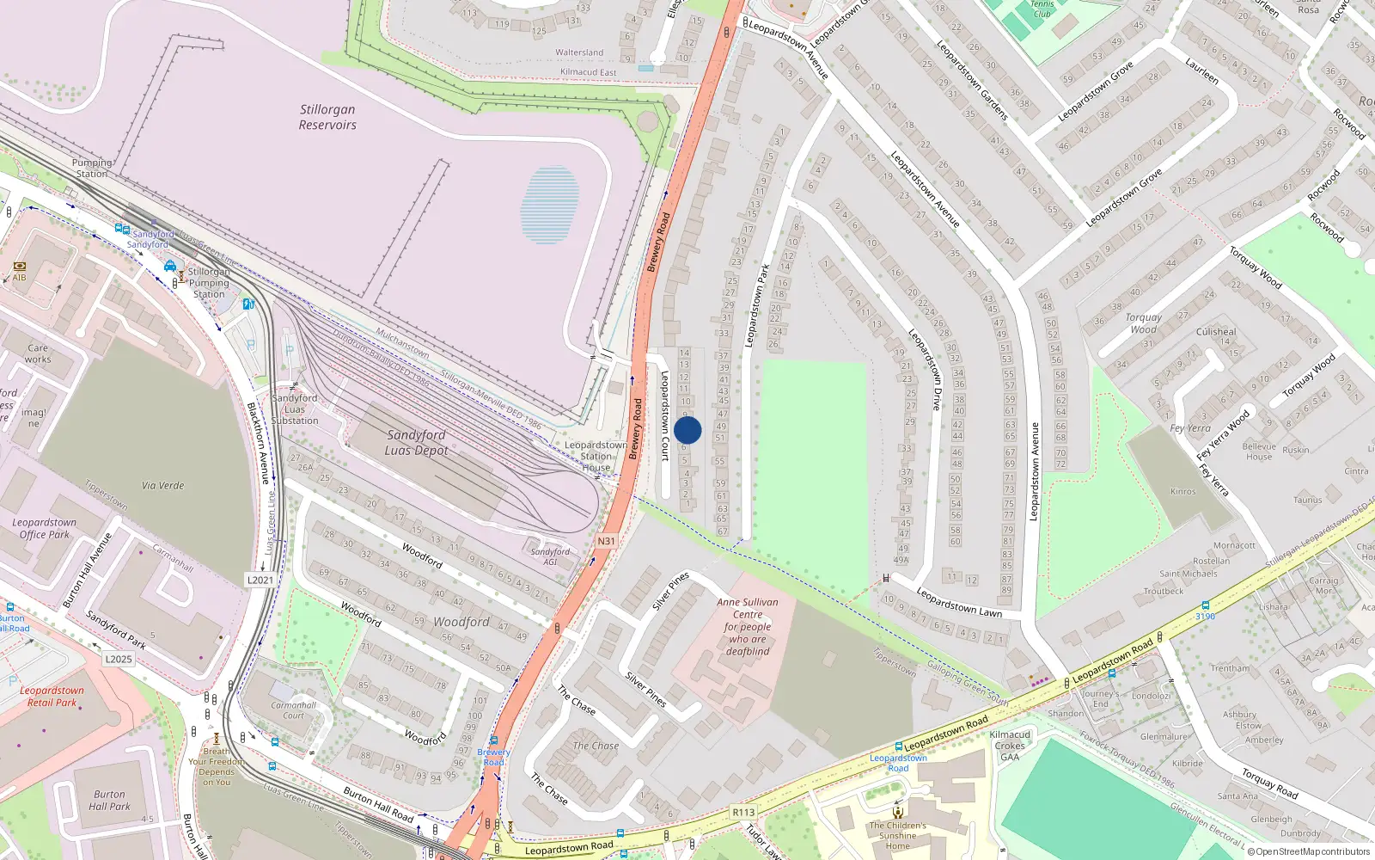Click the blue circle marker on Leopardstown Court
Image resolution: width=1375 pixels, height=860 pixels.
click(x=687, y=430)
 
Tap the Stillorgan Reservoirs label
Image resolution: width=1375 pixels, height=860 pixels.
click(x=327, y=117)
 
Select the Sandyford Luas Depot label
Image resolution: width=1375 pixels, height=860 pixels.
click(x=416, y=442)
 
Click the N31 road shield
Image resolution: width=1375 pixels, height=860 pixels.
click(x=607, y=541)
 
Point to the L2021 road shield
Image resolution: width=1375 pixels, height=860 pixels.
click(x=260, y=580)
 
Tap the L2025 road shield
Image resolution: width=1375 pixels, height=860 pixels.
click(x=119, y=659)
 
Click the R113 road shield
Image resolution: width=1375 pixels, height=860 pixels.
click(x=743, y=812)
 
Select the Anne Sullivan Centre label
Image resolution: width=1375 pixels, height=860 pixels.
click(x=748, y=627)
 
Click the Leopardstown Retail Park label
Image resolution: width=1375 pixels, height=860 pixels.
click(x=52, y=697)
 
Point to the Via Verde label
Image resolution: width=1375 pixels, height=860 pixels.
click(x=163, y=485)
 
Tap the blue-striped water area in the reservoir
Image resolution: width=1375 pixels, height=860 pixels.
click(x=549, y=205)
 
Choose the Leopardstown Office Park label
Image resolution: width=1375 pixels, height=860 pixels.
click(x=45, y=528)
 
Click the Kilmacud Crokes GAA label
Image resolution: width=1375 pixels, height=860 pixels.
click(x=1010, y=746)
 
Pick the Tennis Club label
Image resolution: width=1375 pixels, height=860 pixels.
click(x=1042, y=9)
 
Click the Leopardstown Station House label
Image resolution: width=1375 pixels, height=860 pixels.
click(x=596, y=457)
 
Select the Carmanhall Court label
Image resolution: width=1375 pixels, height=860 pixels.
click(x=294, y=710)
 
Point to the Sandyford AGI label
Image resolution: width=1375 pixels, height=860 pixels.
click(x=550, y=556)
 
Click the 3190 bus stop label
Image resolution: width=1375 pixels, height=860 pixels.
click(x=1206, y=616)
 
